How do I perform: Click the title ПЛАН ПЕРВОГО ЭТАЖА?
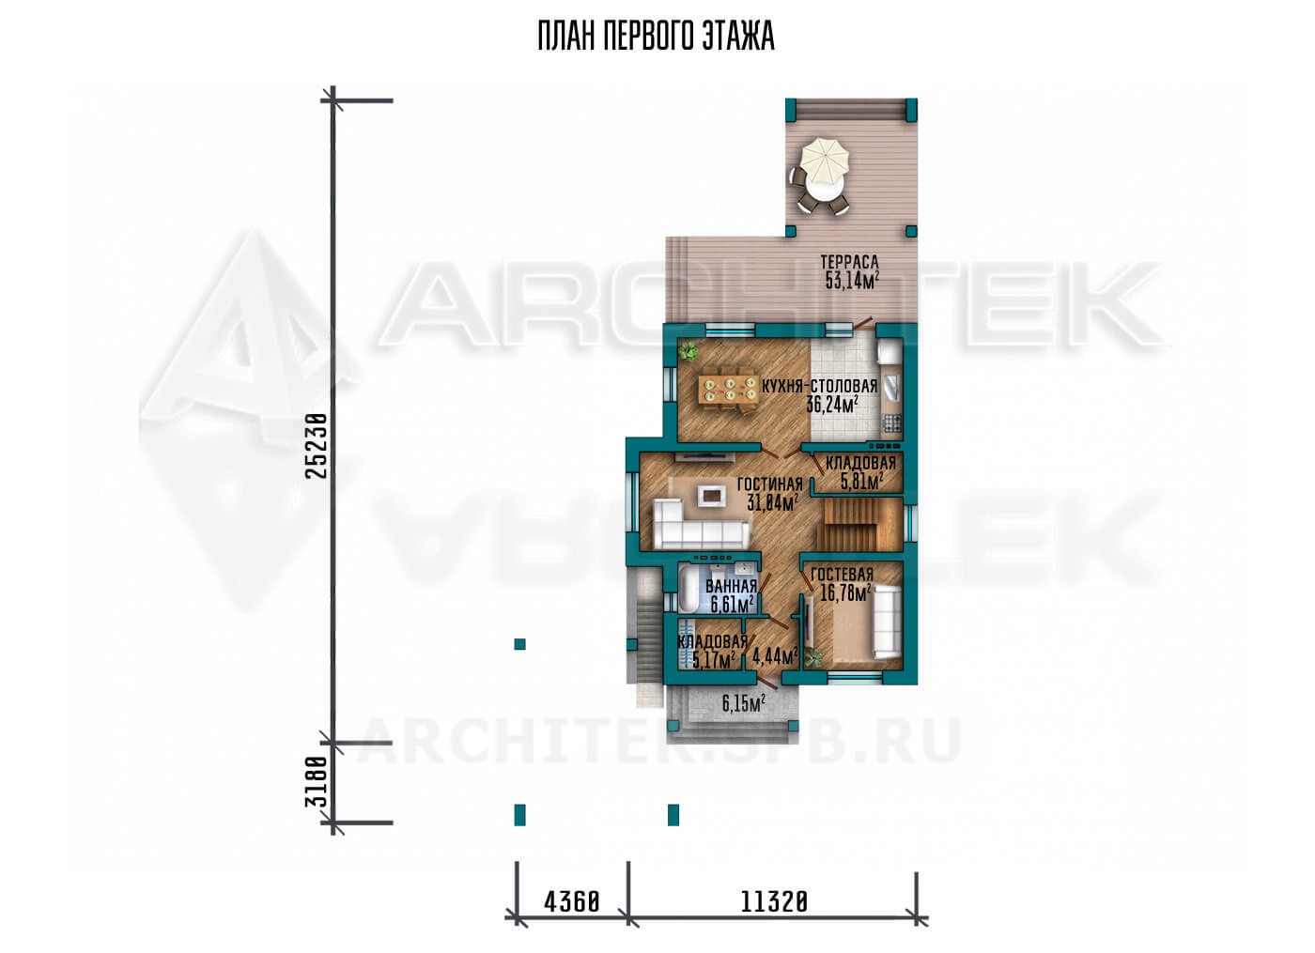tap(656, 37)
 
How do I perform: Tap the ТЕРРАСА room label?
tap(849, 262)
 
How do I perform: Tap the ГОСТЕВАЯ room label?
tap(842, 574)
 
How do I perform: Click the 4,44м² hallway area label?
tap(774, 656)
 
